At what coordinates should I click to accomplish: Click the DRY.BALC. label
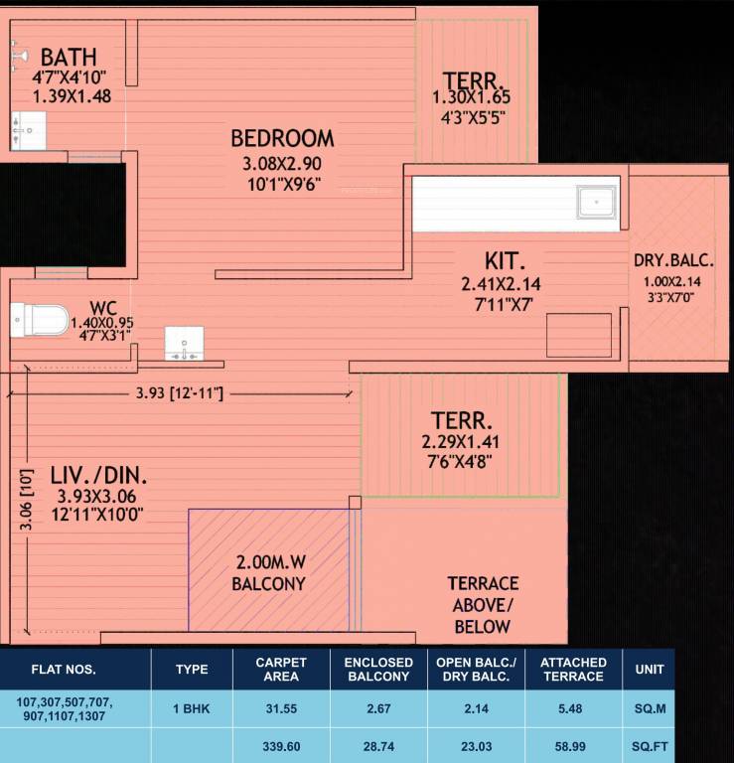tap(673, 261)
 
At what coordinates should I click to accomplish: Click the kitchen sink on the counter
tap(597, 202)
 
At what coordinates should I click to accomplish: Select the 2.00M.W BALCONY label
tap(268, 573)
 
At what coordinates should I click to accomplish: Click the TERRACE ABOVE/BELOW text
tap(483, 604)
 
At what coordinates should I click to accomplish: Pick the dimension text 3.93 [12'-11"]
tap(179, 394)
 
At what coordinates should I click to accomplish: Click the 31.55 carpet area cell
tap(281, 710)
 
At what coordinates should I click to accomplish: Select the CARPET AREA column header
tap(281, 669)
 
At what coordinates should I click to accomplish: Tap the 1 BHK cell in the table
tap(191, 710)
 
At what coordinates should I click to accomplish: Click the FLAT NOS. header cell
tap(64, 669)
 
